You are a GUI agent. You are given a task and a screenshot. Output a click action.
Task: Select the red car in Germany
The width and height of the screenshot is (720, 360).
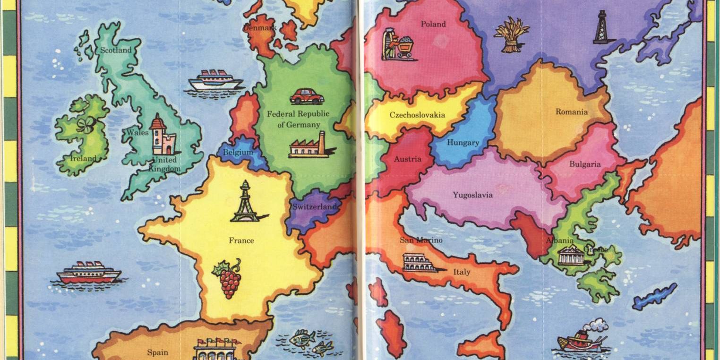[x=307, y=96]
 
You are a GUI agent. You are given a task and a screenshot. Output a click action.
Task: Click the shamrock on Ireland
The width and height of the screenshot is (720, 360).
[x=86, y=125]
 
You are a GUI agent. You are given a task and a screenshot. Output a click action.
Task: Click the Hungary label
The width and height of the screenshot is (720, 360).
[x=463, y=143]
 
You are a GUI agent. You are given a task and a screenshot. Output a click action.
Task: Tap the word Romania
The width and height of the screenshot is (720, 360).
[x=572, y=112]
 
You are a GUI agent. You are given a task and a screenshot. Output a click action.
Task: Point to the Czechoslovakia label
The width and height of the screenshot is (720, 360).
[x=417, y=115]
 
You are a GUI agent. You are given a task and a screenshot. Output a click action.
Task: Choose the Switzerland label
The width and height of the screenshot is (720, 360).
[x=315, y=207]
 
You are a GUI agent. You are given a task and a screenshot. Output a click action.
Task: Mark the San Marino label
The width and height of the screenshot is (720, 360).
[x=421, y=240]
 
